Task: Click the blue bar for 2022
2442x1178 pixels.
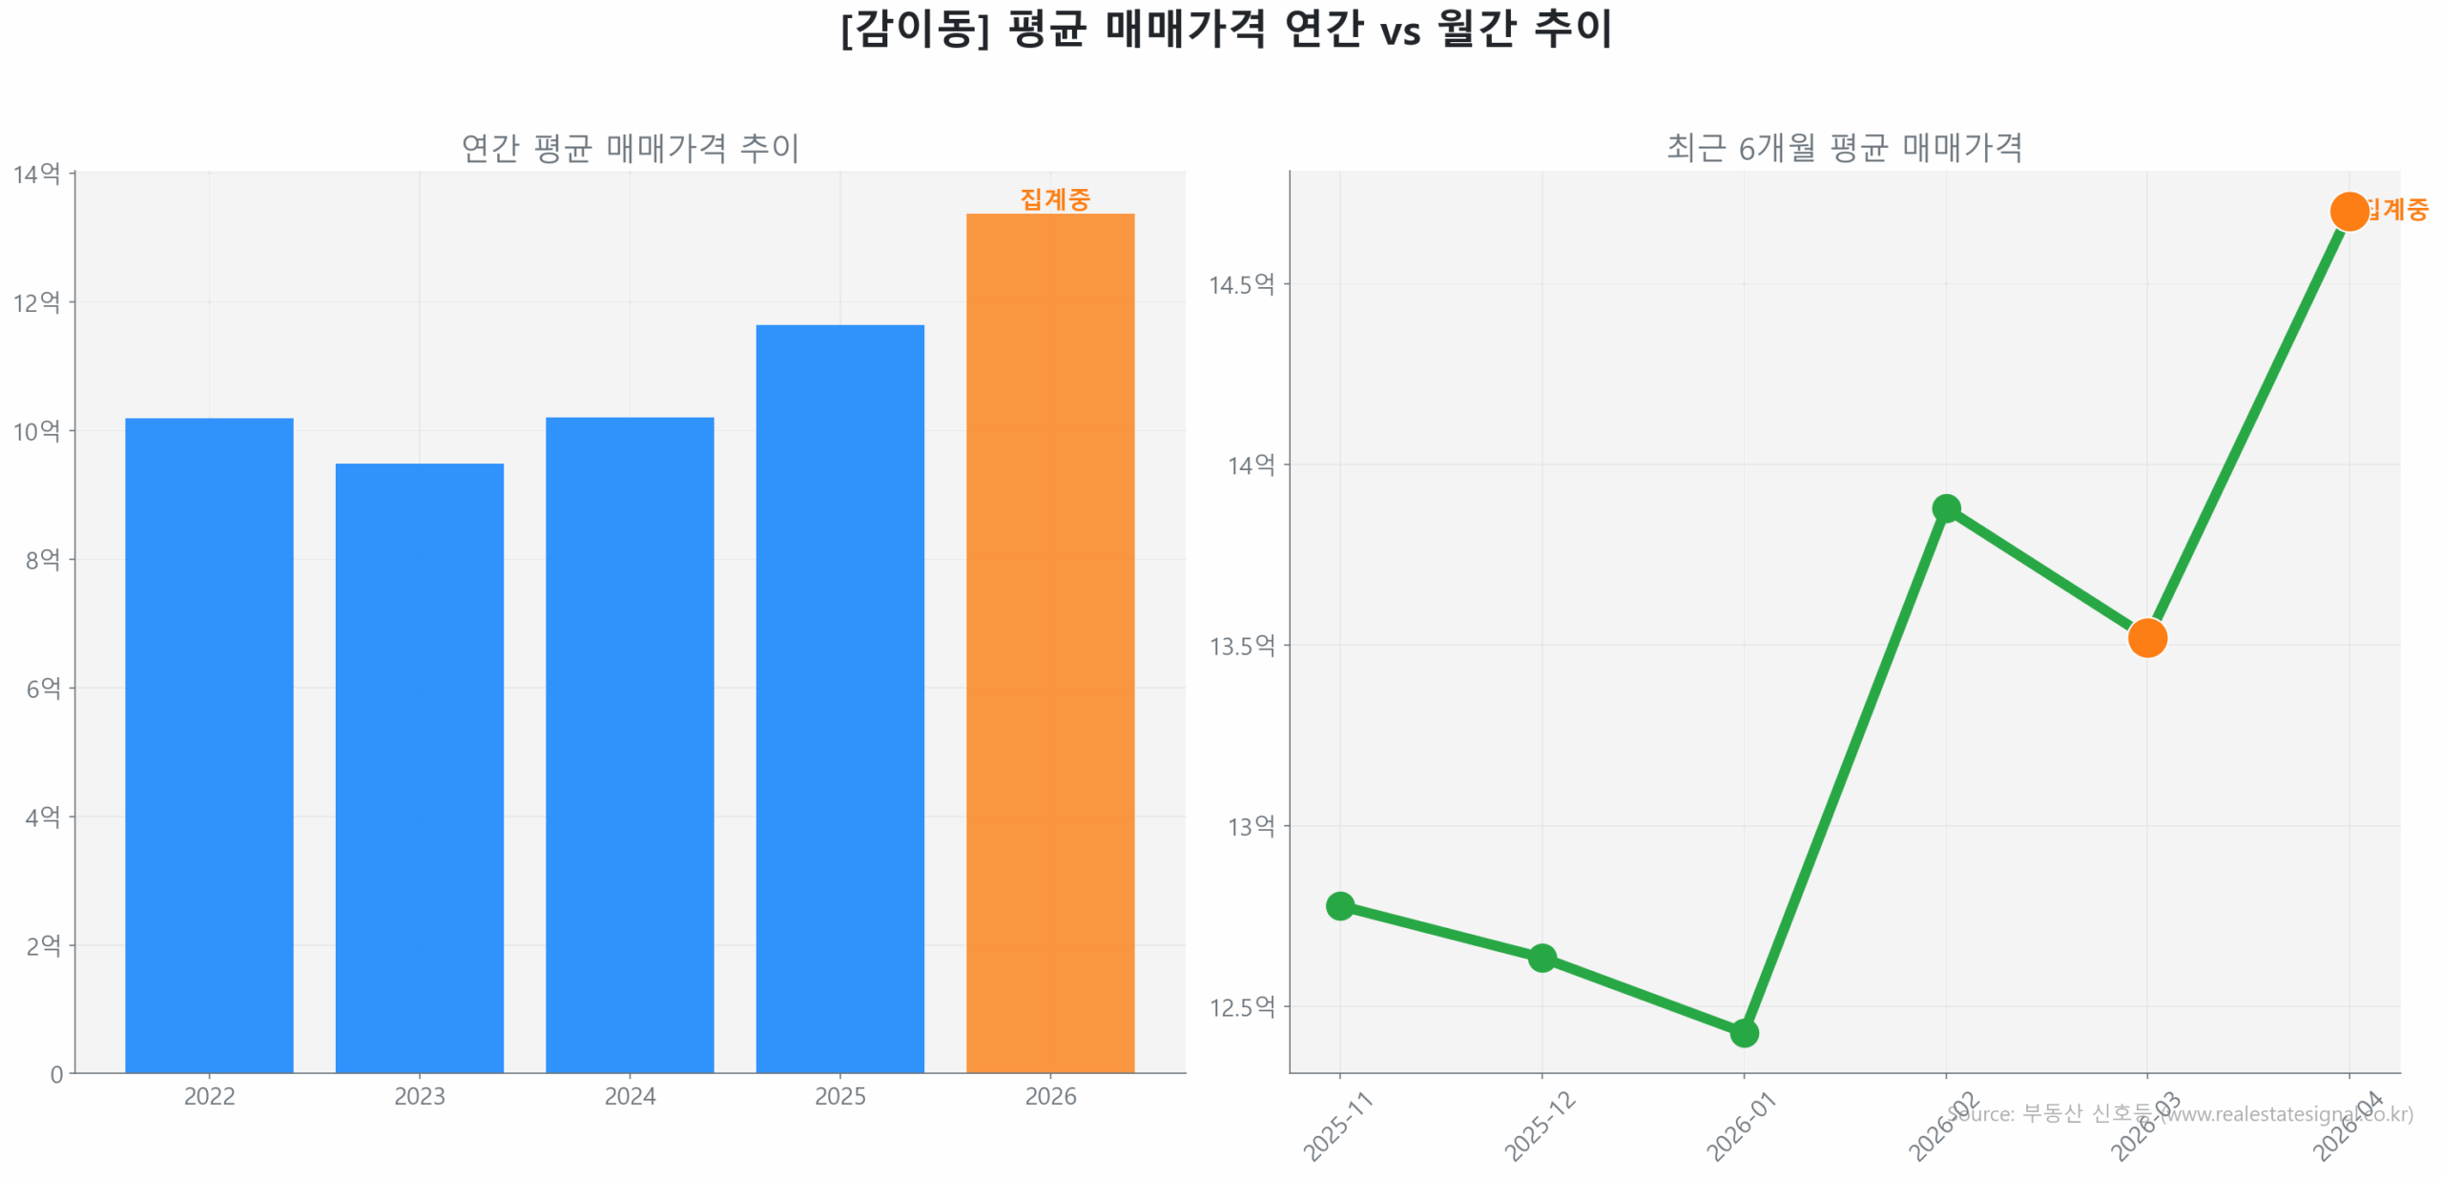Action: click(209, 744)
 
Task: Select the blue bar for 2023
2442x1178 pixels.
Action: click(419, 767)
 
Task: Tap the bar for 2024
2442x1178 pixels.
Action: click(630, 744)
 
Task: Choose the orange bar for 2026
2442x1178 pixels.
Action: click(1049, 643)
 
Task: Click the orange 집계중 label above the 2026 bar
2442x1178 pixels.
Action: click(1054, 199)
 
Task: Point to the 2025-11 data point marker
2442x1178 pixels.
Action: click(1339, 905)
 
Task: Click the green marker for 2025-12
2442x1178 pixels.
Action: click(1542, 958)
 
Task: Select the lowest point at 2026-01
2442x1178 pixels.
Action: click(1744, 1033)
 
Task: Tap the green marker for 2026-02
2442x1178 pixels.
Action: click(1946, 508)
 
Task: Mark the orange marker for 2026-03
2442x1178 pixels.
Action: click(2147, 638)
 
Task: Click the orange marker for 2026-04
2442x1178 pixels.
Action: click(2349, 212)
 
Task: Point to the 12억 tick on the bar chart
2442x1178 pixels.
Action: click(36, 302)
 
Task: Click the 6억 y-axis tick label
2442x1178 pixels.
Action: click(43, 688)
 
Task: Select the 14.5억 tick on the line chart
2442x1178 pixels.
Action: click(1241, 284)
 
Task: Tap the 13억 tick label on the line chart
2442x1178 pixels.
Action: click(1251, 826)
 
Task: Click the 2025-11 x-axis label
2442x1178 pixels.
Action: click(1337, 1126)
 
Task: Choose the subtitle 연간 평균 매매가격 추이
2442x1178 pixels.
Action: click(630, 148)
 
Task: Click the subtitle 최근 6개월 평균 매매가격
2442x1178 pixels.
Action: click(1844, 148)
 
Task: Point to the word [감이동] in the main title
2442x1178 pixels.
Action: click(914, 29)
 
